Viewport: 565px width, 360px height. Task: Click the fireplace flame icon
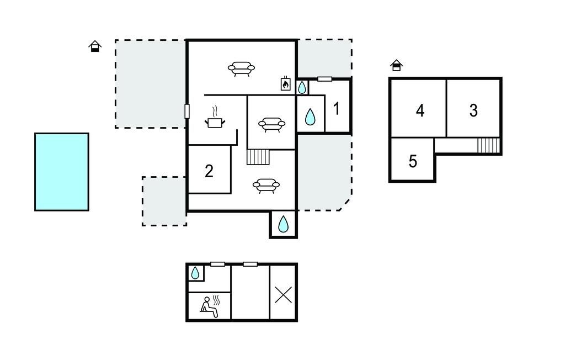coord(286,84)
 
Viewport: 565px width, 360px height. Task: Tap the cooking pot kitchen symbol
coord(215,118)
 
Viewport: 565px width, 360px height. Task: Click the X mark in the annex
coord(283,295)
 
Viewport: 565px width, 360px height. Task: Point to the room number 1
coord(337,109)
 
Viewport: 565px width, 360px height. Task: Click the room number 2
coord(209,171)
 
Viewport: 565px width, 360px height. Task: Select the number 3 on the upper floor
coord(473,110)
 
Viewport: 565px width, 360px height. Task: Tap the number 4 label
coord(420,110)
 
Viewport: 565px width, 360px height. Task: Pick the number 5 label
coord(413,161)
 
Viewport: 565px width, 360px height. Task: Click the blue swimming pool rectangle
coord(62,172)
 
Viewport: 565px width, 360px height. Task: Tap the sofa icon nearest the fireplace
coord(242,68)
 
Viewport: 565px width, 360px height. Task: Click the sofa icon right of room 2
coord(266,186)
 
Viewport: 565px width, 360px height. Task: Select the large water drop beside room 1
coord(310,117)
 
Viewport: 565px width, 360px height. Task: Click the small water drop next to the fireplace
coord(302,87)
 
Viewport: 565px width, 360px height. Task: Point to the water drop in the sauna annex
coord(195,273)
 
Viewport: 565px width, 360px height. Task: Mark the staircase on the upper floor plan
coord(489,145)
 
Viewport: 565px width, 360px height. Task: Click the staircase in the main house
coord(258,157)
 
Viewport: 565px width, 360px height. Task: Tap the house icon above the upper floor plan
coord(396,65)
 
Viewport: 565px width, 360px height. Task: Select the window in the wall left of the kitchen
coord(187,111)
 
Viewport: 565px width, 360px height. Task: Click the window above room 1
coord(324,79)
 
